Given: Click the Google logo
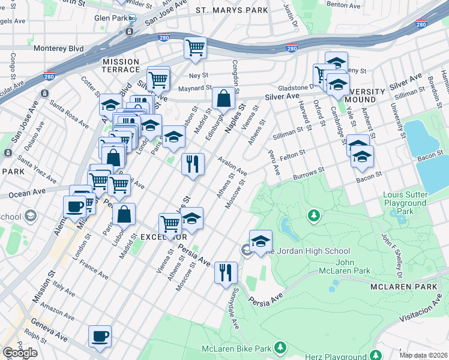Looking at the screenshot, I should point(20,353).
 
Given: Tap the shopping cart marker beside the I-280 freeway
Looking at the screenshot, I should point(195,47).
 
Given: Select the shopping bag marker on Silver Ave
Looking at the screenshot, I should point(223,98).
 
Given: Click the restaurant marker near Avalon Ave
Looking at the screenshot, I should point(193,164).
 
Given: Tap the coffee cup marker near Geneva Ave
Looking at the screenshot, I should point(100,336).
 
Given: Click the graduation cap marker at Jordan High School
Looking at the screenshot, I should point(261,241).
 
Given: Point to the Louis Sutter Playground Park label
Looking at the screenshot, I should point(406,203).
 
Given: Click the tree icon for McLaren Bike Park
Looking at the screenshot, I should point(279,347).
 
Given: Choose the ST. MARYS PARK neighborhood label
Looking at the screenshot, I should point(231,11).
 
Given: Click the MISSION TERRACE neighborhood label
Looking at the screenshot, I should point(121,66).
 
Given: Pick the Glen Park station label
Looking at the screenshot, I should point(109,18).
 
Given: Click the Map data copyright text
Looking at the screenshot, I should point(423,355).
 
